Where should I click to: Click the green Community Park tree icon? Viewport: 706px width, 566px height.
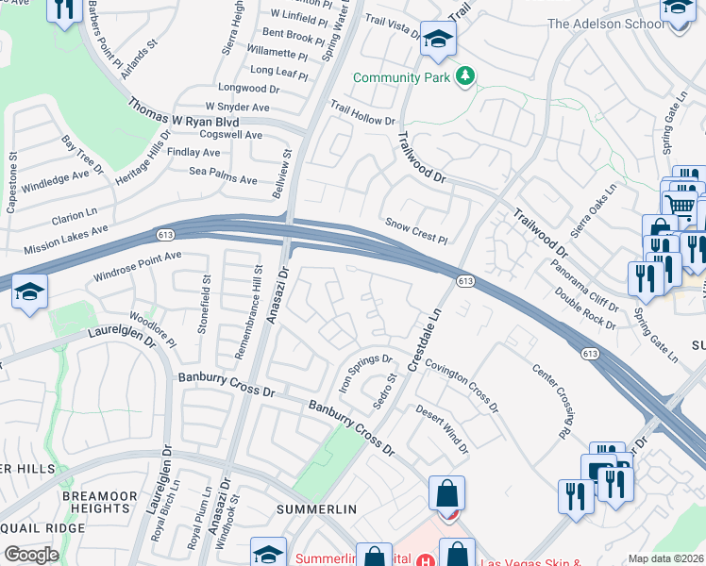464,75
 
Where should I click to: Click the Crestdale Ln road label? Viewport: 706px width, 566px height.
425,338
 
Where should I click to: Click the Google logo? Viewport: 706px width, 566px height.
31,555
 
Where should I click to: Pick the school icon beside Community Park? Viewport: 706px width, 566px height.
438,42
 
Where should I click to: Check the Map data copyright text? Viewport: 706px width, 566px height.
664,558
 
